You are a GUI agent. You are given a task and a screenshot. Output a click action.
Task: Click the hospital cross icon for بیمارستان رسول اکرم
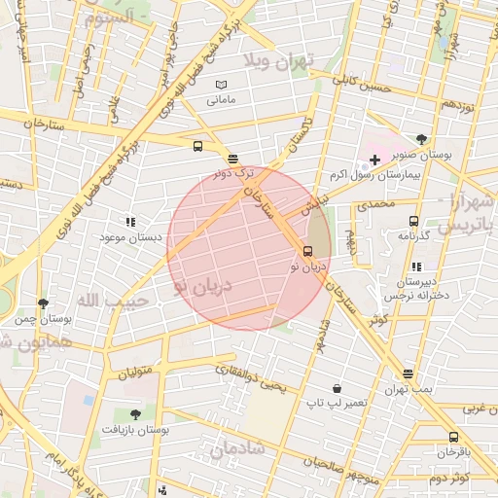pyautogui.click(x=374, y=159)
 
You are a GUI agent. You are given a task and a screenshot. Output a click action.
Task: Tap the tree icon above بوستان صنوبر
pyautogui.click(x=420, y=138)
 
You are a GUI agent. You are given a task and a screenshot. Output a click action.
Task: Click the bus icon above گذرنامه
pyautogui.click(x=414, y=221)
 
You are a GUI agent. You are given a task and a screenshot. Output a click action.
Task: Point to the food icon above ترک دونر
pyautogui.click(x=231, y=159)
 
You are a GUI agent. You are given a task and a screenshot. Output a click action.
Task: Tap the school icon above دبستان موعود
pyautogui.click(x=130, y=222)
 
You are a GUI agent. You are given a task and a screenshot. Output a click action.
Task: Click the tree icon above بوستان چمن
pyautogui.click(x=43, y=303)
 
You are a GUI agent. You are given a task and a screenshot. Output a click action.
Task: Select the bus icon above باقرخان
pyautogui.click(x=453, y=437)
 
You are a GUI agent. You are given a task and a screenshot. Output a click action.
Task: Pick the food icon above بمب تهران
pyautogui.click(x=407, y=373)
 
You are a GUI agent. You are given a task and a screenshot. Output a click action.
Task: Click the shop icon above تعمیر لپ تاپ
pyautogui.click(x=337, y=387)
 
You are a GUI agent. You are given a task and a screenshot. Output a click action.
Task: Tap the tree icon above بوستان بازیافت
pyautogui.click(x=135, y=414)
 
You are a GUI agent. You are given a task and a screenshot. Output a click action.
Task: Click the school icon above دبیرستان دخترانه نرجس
pyautogui.click(x=416, y=266)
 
